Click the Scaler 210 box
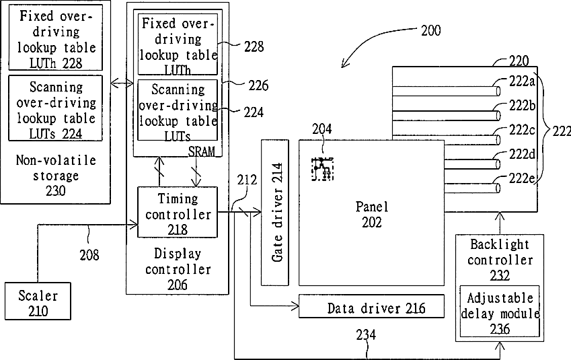tap(38, 301)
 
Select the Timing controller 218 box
tap(178, 212)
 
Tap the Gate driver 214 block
tap(275, 213)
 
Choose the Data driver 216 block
tap(371, 306)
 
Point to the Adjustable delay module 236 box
tap(500, 312)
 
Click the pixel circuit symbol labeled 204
tap(322, 169)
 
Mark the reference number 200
tap(431, 30)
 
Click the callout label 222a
tap(522, 81)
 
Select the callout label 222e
tap(522, 178)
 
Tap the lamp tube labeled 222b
tap(446, 115)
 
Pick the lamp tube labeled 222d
tap(472, 164)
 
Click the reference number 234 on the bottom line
tap(366, 334)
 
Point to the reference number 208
tap(89, 255)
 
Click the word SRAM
tap(201, 151)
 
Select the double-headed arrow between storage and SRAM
tap(122, 84)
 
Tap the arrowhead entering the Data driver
tap(295, 305)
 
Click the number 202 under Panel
tap(371, 222)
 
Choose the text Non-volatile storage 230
tap(56, 175)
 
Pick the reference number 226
tap(258, 85)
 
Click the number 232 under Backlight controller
tap(500, 275)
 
